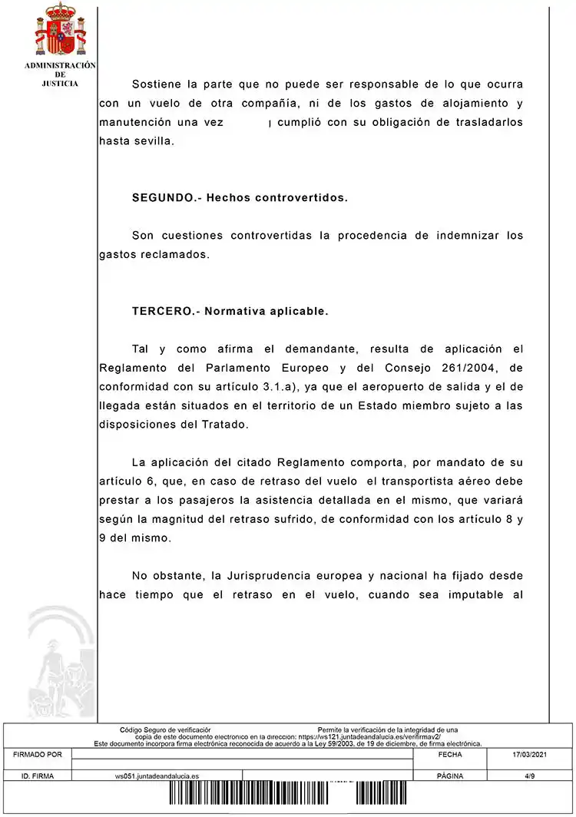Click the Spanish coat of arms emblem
61,30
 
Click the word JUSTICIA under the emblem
60,83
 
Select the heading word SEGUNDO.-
163,197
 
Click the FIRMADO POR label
38,755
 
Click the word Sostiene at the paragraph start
159,84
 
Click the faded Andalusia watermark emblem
60,660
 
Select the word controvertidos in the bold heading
299,197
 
